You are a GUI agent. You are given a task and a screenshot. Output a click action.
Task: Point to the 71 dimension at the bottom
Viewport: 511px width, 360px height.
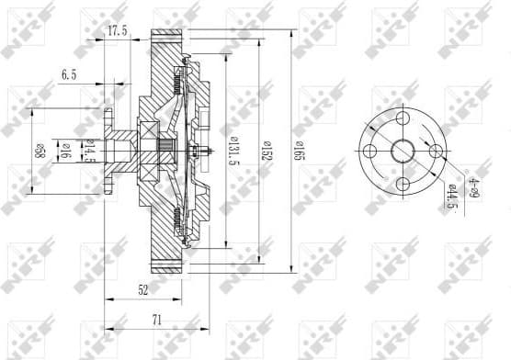pyautogui.click(x=156, y=321)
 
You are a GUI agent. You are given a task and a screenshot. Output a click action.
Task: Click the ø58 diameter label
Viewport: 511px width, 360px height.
pyautogui.click(x=40, y=150)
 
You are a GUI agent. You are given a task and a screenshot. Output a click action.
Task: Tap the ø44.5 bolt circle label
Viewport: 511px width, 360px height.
pyautogui.click(x=452, y=196)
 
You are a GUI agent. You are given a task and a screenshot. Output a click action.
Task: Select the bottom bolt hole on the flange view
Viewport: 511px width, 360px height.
pyautogui.click(x=403, y=185)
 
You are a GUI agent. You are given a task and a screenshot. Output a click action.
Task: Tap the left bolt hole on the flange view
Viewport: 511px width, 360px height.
pyautogui.click(x=369, y=152)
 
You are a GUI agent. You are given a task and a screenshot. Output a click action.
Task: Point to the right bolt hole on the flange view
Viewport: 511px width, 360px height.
pyautogui.click(x=436, y=152)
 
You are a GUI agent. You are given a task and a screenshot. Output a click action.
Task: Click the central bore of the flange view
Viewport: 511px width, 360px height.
pyautogui.click(x=403, y=152)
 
